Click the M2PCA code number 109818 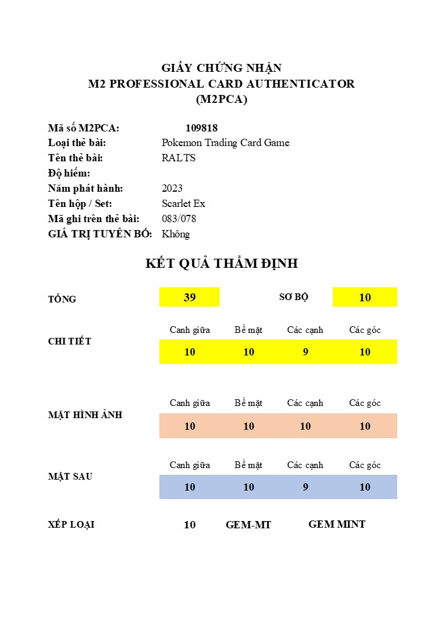201,128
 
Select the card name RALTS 178,158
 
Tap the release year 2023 172,188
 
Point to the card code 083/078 179,219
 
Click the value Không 176,234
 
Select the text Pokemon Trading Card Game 225,142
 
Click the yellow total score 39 190,297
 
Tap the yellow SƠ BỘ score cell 365,297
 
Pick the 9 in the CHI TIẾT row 305,352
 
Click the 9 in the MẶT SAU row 305,487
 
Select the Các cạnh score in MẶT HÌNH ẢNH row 305,426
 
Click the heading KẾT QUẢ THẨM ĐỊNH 221,264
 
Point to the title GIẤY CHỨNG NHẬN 221,68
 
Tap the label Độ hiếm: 69,173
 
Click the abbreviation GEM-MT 248,525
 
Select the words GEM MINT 337,524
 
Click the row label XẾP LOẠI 71,525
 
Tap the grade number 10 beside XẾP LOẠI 190,525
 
